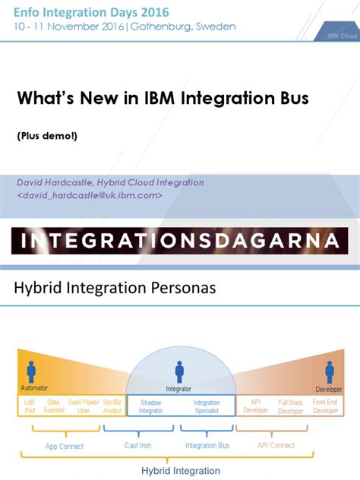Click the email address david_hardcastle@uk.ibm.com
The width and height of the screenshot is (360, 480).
tap(89, 195)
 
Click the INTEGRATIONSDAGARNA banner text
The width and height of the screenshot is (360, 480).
tap(180, 242)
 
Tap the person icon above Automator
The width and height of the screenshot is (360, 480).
tap(31, 371)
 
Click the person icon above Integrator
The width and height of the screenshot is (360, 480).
tap(179, 371)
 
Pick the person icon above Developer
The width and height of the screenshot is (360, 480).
tap(330, 371)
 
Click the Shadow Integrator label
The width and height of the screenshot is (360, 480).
tap(150, 406)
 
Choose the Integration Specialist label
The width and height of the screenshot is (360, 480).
tap(207, 406)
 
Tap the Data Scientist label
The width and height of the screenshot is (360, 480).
tap(53, 406)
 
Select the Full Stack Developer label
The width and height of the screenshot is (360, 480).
tap(290, 406)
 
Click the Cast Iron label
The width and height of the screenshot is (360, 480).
tap(141, 446)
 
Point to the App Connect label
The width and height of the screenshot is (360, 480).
tap(64, 447)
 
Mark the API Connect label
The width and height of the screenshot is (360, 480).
tap(276, 446)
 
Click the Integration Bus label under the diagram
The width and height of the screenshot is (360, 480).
tap(207, 446)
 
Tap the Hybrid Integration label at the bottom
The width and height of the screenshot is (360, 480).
tap(181, 471)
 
